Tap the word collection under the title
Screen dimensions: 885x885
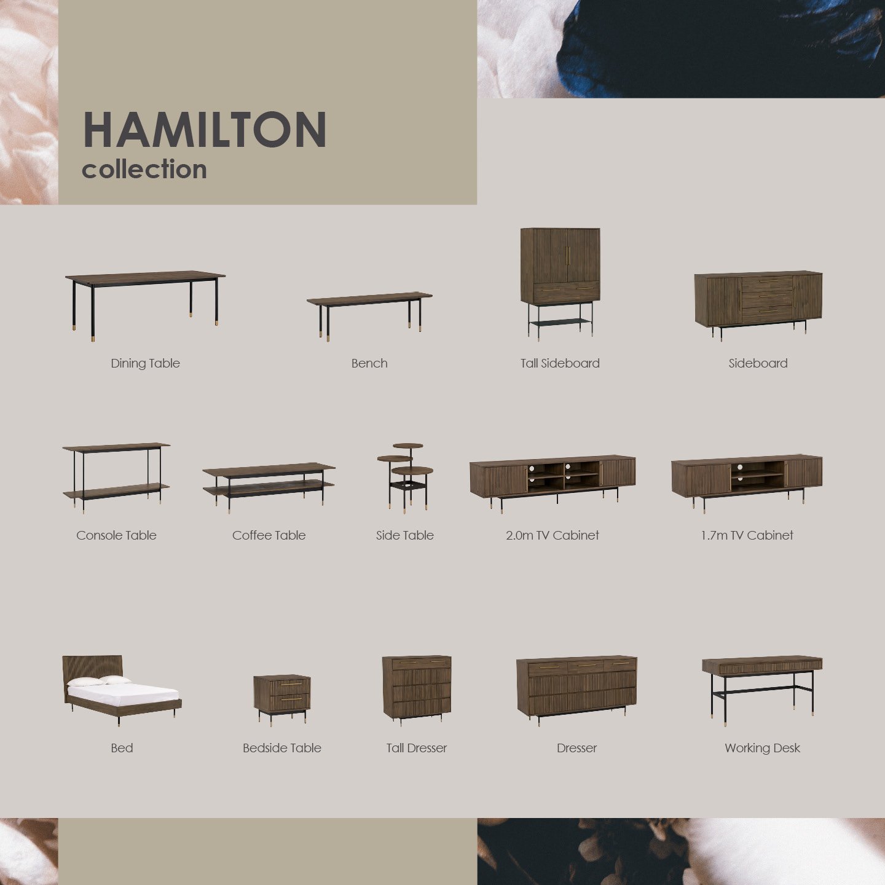point(144,170)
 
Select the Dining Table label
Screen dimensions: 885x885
point(145,363)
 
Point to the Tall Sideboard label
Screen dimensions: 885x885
point(560,363)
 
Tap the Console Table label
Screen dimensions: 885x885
point(116,535)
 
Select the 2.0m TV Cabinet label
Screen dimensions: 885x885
point(552,535)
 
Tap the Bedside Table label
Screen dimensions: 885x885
point(282,748)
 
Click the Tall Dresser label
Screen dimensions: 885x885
point(417,748)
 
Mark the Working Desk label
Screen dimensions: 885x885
point(762,748)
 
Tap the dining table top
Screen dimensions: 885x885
point(145,277)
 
